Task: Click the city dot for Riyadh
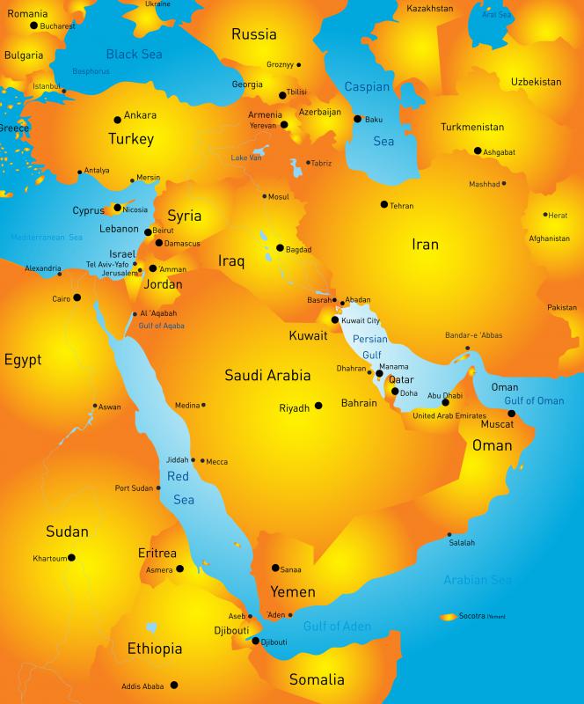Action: (x=318, y=406)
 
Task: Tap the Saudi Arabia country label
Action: (x=267, y=375)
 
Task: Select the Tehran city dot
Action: (x=383, y=204)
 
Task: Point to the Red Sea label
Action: (x=180, y=488)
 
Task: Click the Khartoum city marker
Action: (x=71, y=557)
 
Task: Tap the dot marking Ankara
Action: (x=117, y=120)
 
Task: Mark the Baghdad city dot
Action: (x=280, y=248)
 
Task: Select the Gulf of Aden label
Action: (x=337, y=627)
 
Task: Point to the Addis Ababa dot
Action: (x=174, y=685)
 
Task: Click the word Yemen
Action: (x=292, y=590)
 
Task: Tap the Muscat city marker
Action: (x=512, y=413)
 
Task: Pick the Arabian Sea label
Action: (x=478, y=580)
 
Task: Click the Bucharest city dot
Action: (x=34, y=26)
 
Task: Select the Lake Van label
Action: (x=246, y=158)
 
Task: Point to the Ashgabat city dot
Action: (x=478, y=150)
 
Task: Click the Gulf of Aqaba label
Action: (x=161, y=326)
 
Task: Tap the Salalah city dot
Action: (x=449, y=534)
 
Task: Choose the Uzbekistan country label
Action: (x=536, y=82)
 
